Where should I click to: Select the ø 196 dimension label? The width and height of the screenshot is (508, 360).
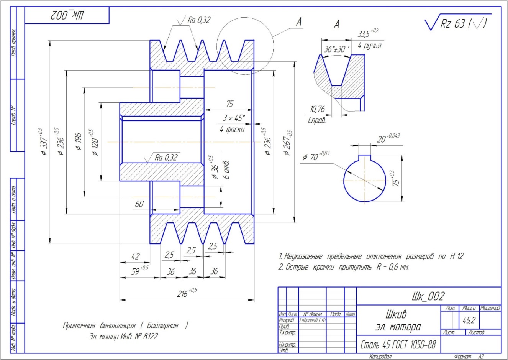pyautogui.click(x=78, y=141)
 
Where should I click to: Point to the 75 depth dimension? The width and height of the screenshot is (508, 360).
pyautogui.click(x=229, y=104)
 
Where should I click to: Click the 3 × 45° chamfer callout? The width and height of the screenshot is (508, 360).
pyautogui.click(x=234, y=118)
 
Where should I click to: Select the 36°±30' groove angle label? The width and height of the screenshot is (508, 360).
pyautogui.click(x=334, y=49)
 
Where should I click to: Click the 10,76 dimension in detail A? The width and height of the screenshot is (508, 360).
pyautogui.click(x=317, y=109)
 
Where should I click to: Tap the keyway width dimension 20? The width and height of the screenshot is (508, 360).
pyautogui.click(x=381, y=139)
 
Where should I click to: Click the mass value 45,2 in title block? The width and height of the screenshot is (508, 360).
pyautogui.click(x=469, y=321)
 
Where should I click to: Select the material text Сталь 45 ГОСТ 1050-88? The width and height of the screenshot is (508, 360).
pyautogui.click(x=398, y=345)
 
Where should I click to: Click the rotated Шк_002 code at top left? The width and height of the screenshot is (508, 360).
pyautogui.click(x=67, y=16)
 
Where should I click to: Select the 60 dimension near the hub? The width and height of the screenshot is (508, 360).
pyautogui.click(x=139, y=204)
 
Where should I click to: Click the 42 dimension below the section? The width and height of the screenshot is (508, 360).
pyautogui.click(x=135, y=256)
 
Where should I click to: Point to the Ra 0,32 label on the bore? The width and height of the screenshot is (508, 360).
pyautogui.click(x=166, y=157)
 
